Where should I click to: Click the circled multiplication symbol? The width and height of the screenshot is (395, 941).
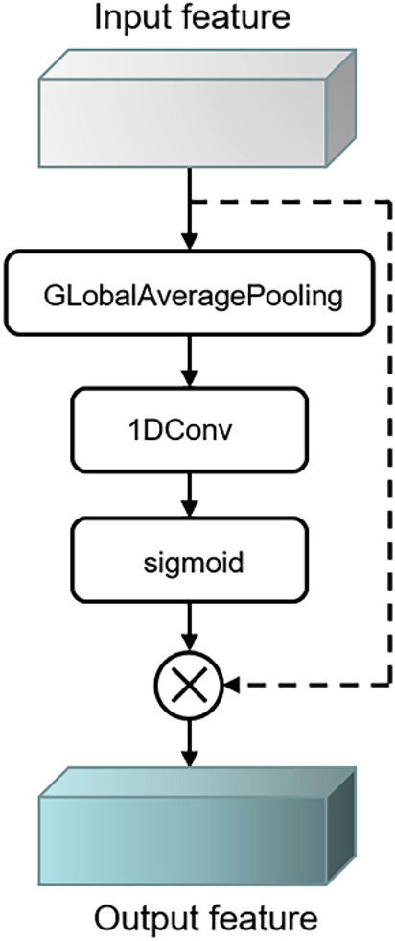(192, 685)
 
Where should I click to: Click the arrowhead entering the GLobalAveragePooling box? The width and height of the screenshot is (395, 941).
(192, 243)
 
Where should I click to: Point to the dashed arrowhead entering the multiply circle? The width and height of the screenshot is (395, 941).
(233, 685)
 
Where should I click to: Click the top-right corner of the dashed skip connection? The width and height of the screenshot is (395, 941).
(389, 202)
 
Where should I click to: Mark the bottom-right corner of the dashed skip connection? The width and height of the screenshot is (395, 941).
(389, 685)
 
